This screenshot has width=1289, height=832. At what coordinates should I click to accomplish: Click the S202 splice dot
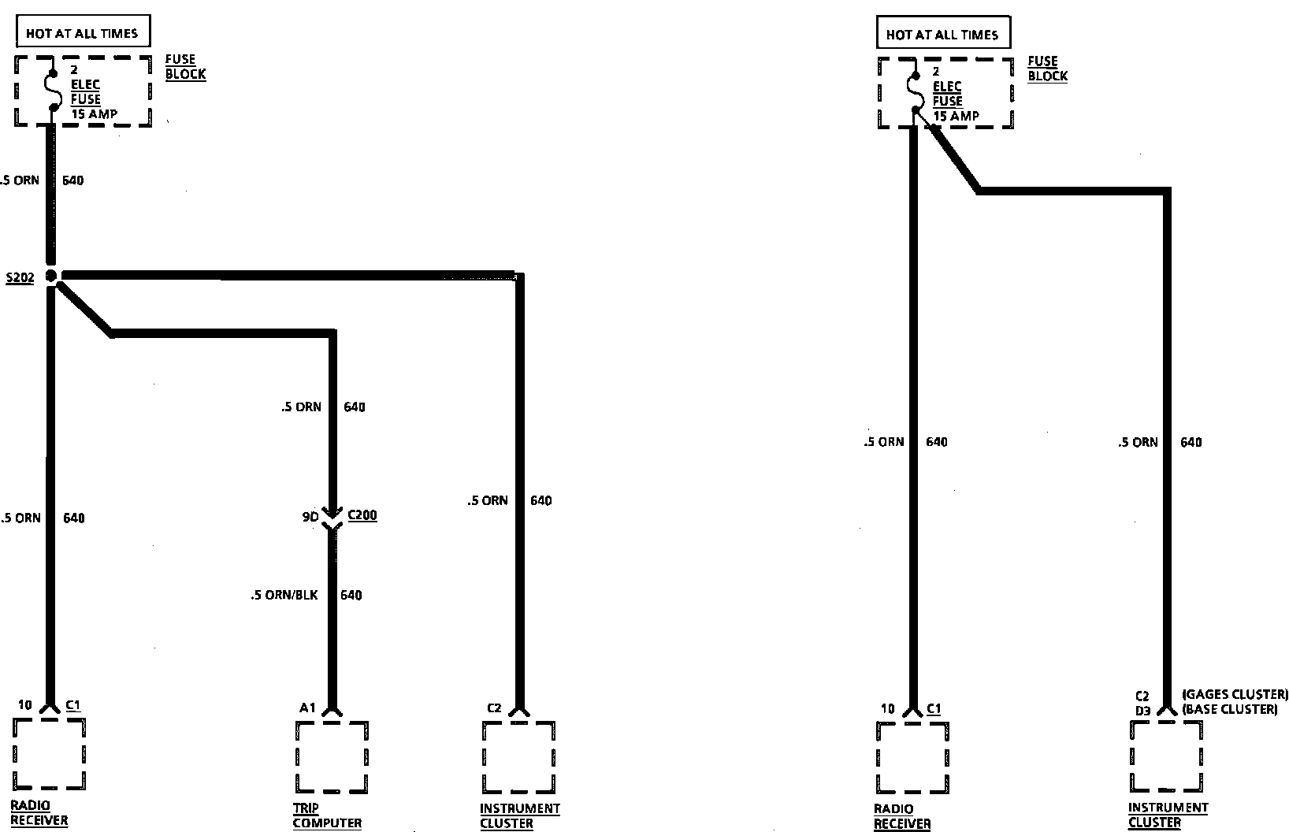pyautogui.click(x=51, y=276)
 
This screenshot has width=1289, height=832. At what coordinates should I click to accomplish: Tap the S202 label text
pyautogui.click(x=20, y=278)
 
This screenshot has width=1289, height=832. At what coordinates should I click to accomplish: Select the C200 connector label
pyautogui.click(x=362, y=515)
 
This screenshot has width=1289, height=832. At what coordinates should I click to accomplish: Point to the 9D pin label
pyautogui.click(x=310, y=517)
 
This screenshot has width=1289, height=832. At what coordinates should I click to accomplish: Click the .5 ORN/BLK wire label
pyautogui.click(x=284, y=595)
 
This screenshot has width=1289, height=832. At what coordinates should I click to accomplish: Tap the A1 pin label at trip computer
pyautogui.click(x=307, y=708)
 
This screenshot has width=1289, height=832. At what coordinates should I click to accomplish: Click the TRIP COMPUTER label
pyautogui.click(x=327, y=815)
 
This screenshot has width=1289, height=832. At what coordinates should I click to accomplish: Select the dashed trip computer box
pyautogui.click(x=332, y=756)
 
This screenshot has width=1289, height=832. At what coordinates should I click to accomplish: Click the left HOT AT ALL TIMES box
pyautogui.click(x=82, y=33)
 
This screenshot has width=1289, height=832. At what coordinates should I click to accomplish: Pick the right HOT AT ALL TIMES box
pyautogui.click(x=942, y=35)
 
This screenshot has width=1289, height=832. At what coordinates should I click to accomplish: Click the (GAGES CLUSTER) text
pyautogui.click(x=1235, y=694)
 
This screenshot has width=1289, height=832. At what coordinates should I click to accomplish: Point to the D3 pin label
pyautogui.click(x=1142, y=711)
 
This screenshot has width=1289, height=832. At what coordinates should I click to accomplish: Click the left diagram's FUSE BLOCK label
pyautogui.click(x=185, y=67)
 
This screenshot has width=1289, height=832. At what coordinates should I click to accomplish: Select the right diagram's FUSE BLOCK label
pyautogui.click(x=1047, y=69)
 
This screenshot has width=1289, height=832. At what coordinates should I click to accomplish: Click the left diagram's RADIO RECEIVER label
pyautogui.click(x=39, y=812)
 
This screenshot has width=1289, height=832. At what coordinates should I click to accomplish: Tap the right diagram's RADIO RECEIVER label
pyautogui.click(x=902, y=816)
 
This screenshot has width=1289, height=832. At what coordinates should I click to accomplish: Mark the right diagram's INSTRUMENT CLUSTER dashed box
pyautogui.click(x=1166, y=756)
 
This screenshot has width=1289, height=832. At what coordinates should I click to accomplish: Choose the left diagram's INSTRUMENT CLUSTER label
pyautogui.click(x=519, y=815)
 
